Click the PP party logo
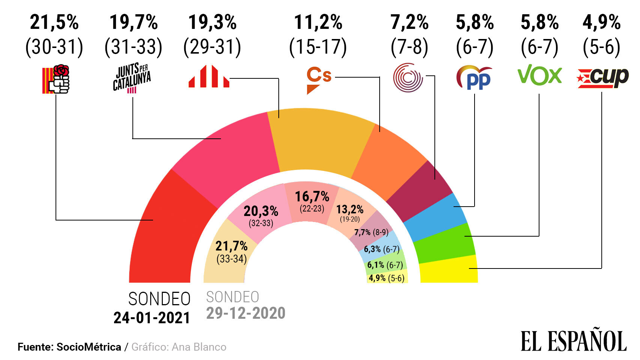pos(474,78)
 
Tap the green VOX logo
pos(539,75)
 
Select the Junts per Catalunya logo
pos(132,78)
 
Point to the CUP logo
pos(602,78)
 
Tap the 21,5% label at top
pos(54,22)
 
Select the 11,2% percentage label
pos(318,22)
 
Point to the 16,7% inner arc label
pos(312,196)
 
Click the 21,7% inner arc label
pos(231,246)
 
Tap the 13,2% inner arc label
pos(349,209)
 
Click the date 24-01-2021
pos(152,318)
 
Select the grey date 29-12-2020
pos(246,313)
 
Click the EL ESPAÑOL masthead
pos(573,341)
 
